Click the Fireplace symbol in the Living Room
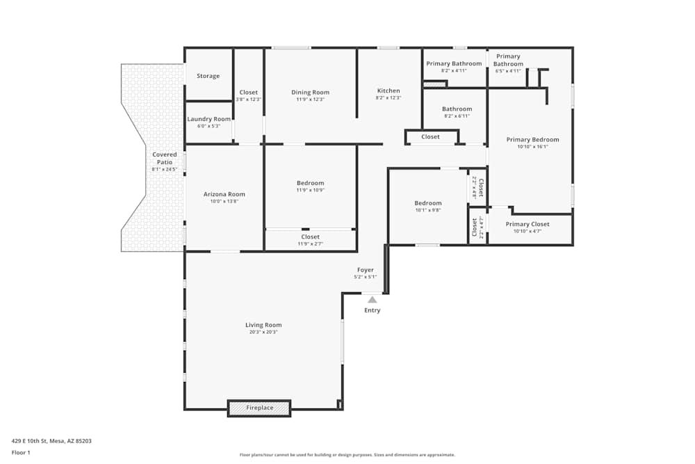click(x=259, y=408)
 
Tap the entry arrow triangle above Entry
click(x=373, y=300)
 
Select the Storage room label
click(x=208, y=76)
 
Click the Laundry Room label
click(x=208, y=119)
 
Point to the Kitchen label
click(x=389, y=90)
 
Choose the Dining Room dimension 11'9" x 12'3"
click(x=310, y=99)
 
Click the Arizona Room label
click(x=224, y=194)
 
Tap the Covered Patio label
click(x=165, y=158)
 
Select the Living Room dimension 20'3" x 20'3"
click(x=263, y=332)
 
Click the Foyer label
click(x=366, y=270)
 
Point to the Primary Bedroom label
click(x=532, y=139)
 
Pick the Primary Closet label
click(x=527, y=224)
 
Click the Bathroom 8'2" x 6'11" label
click(x=457, y=109)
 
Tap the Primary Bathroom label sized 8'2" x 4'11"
click(x=454, y=63)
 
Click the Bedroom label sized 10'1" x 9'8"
click(x=428, y=203)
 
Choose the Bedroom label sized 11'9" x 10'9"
click(x=310, y=183)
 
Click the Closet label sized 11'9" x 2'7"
click(x=310, y=237)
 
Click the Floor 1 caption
click(x=21, y=452)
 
